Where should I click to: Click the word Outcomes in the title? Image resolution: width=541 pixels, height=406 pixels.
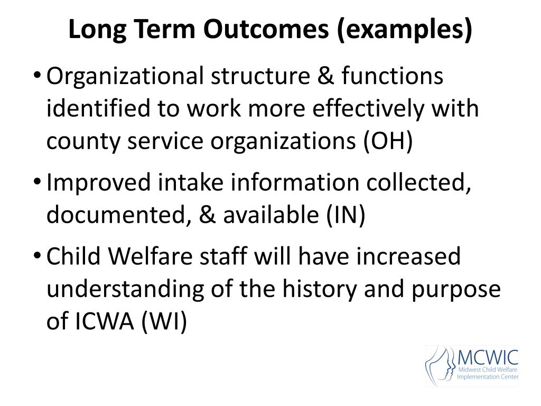tap(266, 29)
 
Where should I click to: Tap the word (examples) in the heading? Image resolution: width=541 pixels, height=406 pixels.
tap(404, 30)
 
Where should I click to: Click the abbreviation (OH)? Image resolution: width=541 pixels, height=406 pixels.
tap(388, 141)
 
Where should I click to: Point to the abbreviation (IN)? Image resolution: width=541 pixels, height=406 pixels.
tap(346, 215)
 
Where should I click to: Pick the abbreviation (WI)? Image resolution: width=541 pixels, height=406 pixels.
tap(164, 321)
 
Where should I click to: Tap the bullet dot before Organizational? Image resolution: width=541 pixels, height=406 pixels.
tap(38, 75)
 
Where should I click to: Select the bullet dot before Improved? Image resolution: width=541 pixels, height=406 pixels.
tap(38, 181)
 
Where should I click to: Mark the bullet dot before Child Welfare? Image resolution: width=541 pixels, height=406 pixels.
tap(38, 255)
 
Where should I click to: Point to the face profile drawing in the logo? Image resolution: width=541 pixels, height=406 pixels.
tap(440, 365)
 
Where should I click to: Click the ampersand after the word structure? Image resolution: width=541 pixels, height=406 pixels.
tap(325, 76)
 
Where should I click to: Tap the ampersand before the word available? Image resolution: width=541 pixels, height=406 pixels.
tap(207, 215)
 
